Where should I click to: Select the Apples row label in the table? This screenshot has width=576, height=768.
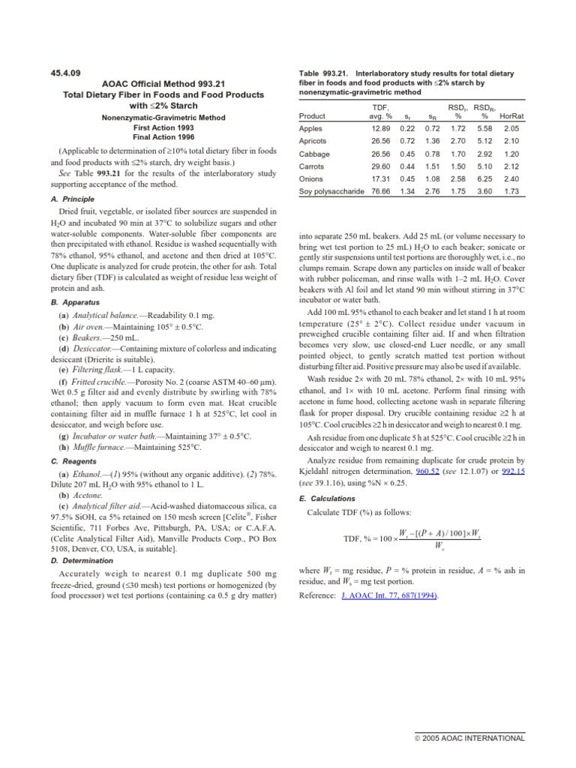(x=311, y=129)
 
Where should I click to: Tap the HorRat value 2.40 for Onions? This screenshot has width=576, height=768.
(x=511, y=179)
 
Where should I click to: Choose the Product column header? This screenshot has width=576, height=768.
(x=312, y=116)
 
